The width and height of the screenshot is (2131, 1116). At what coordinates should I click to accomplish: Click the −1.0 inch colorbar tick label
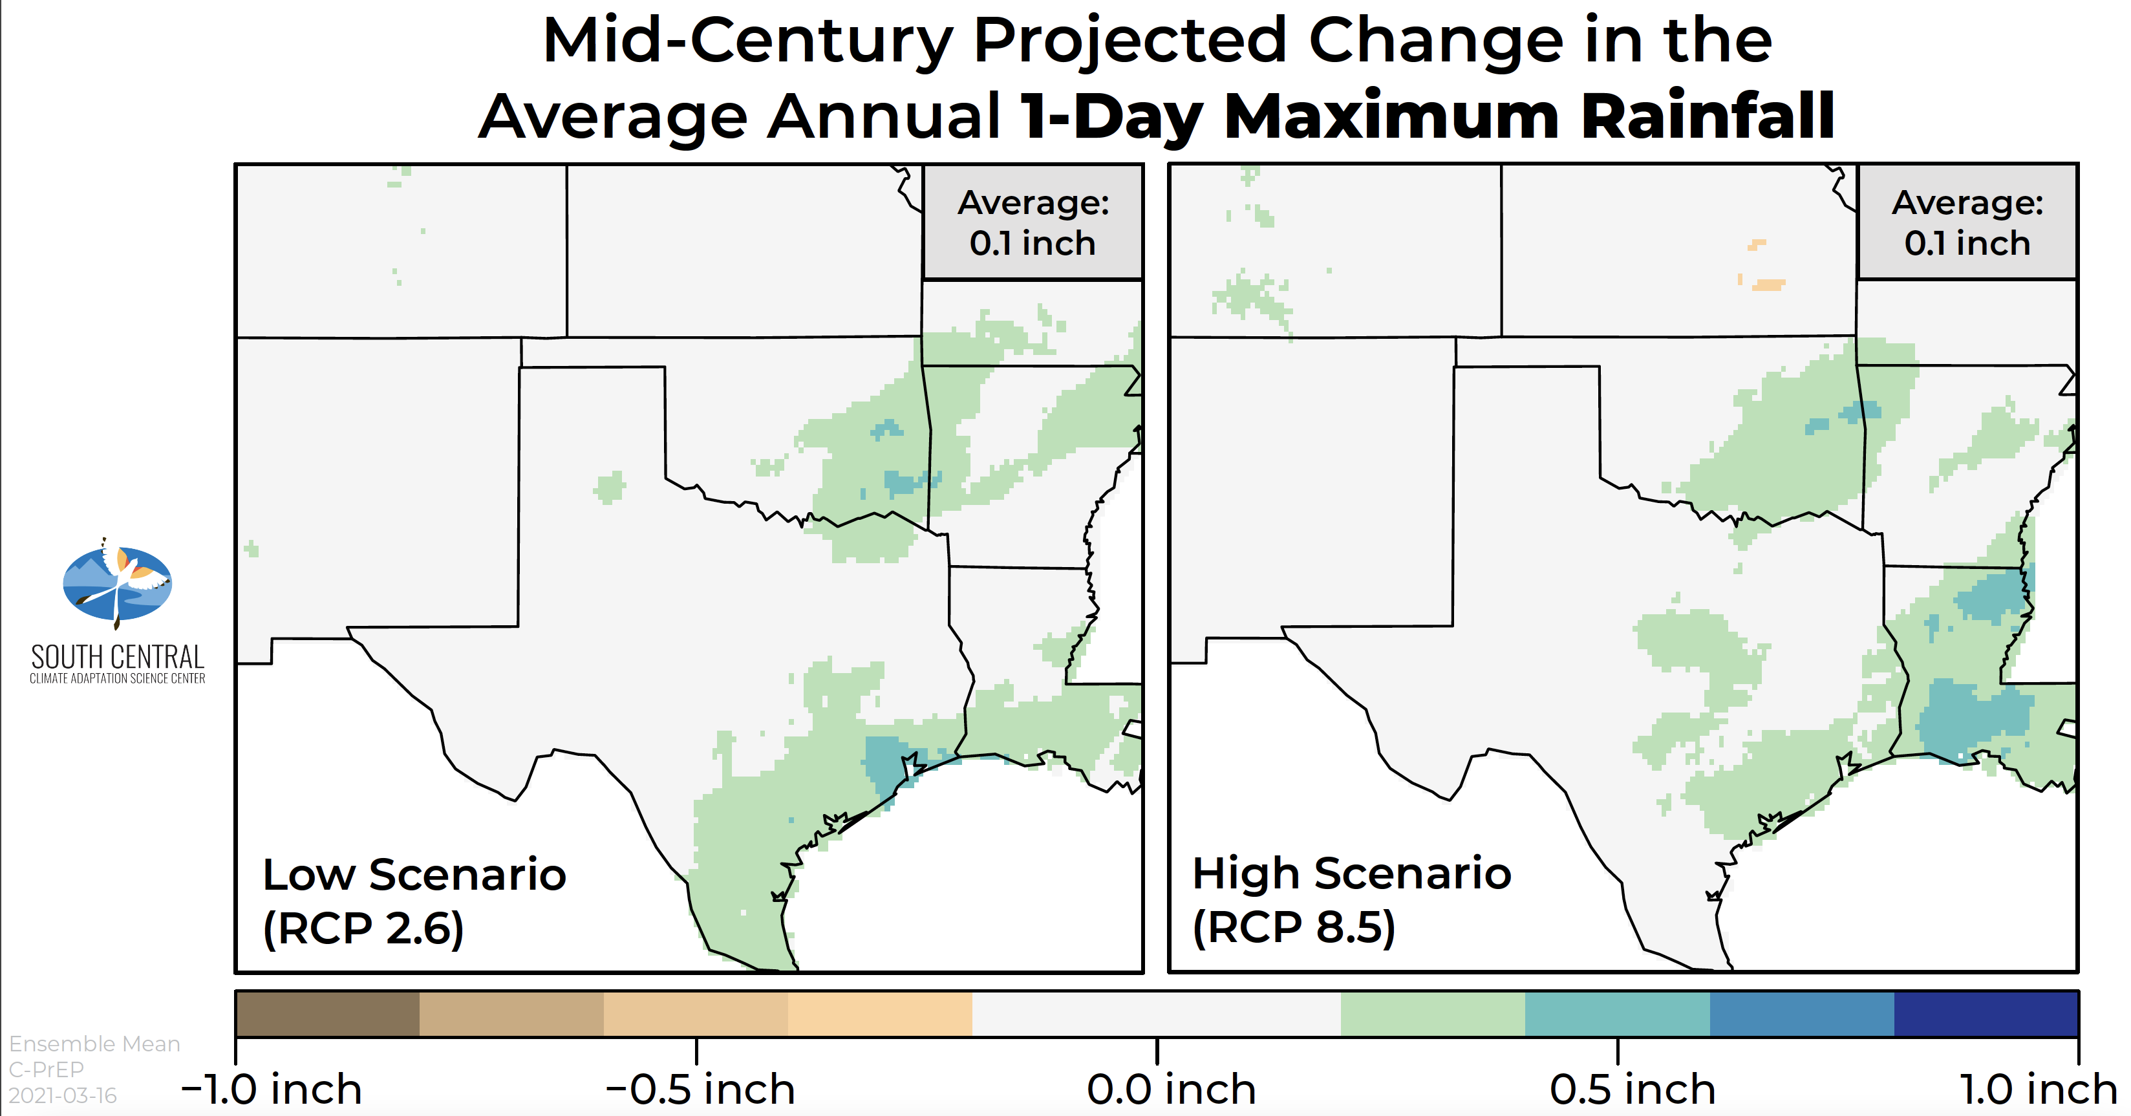click(272, 1089)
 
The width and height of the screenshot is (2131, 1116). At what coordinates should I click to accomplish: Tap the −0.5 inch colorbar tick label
click(700, 1089)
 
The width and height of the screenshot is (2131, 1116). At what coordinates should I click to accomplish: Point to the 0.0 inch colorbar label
click(1172, 1089)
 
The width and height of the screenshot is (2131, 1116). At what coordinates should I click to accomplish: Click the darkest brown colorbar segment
click(328, 1013)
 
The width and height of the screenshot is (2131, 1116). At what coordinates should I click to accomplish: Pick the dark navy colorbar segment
click(1986, 1013)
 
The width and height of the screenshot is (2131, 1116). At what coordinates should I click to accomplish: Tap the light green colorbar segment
click(1433, 1013)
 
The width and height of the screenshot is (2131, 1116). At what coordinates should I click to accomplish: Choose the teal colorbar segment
click(1617, 1013)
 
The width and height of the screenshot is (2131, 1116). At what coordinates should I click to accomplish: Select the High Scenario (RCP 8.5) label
click(1352, 900)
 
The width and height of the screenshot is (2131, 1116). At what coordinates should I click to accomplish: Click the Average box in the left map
click(1033, 222)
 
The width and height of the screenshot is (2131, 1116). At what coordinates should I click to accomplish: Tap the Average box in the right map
click(1967, 222)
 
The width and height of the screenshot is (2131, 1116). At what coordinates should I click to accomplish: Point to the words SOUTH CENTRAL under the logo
click(118, 657)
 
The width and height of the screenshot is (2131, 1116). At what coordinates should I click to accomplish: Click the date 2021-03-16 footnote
click(63, 1095)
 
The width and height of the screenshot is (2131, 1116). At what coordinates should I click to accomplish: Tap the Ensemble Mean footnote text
click(94, 1044)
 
